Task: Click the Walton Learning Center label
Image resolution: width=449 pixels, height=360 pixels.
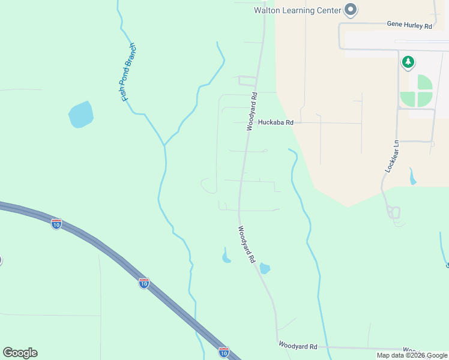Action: [297, 10]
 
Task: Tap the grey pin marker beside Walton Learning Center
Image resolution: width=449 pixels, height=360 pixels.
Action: [351, 10]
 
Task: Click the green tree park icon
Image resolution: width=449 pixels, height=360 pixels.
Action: [408, 61]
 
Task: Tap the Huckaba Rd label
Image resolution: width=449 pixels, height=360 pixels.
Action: [276, 122]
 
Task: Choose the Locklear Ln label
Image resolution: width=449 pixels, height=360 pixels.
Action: [392, 157]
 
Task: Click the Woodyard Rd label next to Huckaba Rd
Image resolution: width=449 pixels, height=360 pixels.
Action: [252, 112]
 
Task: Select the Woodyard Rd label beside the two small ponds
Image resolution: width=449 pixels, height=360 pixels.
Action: [247, 245]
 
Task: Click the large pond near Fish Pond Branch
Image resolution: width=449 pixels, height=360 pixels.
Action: [80, 115]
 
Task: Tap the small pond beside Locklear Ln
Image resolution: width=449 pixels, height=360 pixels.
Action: [412, 178]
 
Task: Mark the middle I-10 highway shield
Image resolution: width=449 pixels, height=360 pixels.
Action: [144, 283]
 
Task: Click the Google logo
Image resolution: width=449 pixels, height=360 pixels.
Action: [20, 353]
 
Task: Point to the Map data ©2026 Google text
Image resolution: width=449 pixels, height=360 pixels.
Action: [412, 355]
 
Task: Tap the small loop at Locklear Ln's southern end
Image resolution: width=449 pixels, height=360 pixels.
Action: [394, 212]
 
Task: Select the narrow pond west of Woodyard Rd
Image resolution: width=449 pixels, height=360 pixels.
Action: [226, 257]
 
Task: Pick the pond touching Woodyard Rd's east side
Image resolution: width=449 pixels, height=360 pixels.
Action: [264, 268]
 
